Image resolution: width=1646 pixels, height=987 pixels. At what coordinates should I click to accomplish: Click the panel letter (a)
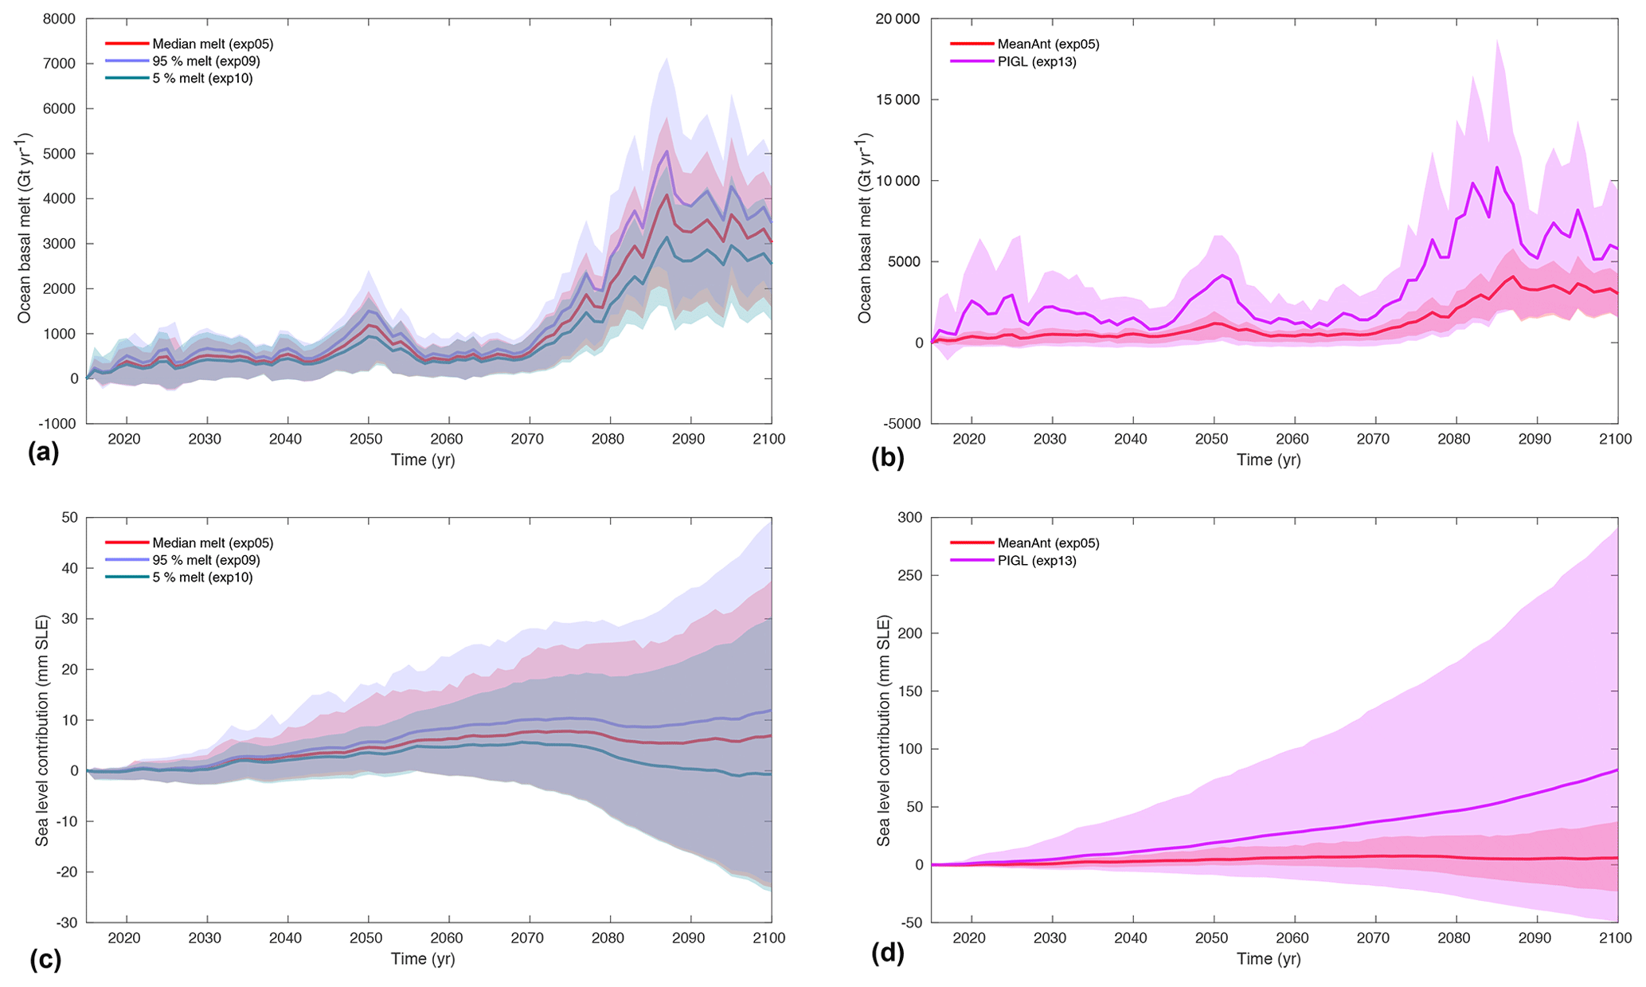click(x=43, y=453)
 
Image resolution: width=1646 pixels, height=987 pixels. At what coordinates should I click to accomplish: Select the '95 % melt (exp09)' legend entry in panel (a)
click(x=206, y=61)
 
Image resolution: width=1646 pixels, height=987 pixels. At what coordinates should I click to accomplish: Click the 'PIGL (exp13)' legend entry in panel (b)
click(x=1037, y=61)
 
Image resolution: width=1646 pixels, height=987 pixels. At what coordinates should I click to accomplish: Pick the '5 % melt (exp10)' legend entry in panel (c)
click(x=202, y=578)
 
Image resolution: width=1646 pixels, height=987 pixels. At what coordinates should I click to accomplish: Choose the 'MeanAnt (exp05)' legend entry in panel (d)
click(x=1048, y=543)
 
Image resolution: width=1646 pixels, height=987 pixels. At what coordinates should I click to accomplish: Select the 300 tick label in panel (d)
click(x=911, y=518)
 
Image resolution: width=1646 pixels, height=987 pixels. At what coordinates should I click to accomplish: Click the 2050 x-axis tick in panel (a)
click(x=367, y=439)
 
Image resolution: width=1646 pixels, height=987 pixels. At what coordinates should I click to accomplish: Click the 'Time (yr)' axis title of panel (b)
click(x=1269, y=460)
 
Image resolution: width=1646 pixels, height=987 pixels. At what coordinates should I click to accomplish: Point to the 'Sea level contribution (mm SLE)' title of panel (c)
click(x=42, y=719)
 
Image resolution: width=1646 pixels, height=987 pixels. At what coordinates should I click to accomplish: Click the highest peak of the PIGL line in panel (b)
click(x=1497, y=167)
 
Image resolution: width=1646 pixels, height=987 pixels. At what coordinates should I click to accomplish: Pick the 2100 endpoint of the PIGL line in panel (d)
click(x=1617, y=770)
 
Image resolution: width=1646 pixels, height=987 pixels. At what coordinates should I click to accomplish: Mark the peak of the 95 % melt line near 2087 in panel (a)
click(x=667, y=151)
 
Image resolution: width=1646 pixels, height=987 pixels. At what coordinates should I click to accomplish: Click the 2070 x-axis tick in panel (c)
click(x=528, y=938)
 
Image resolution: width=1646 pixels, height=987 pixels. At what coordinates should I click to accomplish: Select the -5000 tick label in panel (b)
click(x=901, y=424)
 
